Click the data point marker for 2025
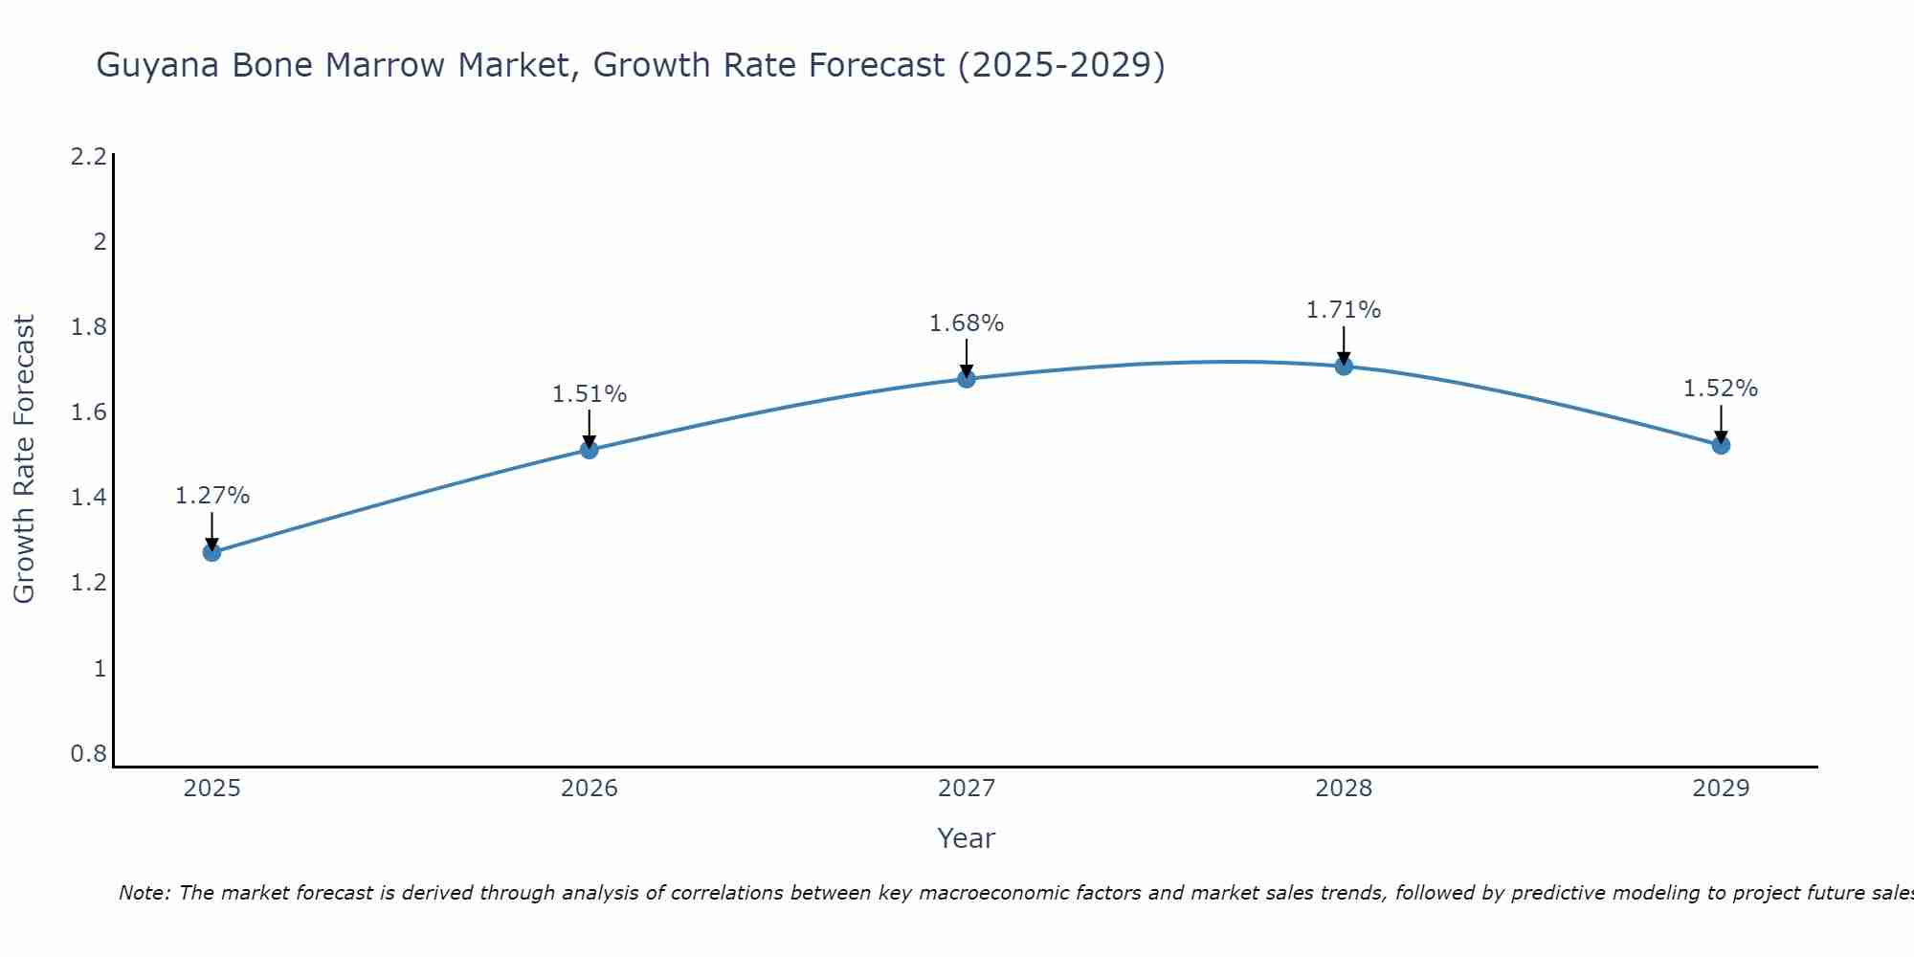pyautogui.click(x=211, y=552)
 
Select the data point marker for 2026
pyautogui.click(x=589, y=450)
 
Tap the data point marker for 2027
pyautogui.click(x=966, y=379)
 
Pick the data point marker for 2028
pyautogui.click(x=1343, y=366)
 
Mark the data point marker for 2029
pyautogui.click(x=1720, y=445)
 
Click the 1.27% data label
pyautogui.click(x=211, y=496)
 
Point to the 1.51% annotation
pyautogui.click(x=589, y=394)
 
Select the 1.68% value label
pyautogui.click(x=966, y=323)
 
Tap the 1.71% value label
pyautogui.click(x=1343, y=310)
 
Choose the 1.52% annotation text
pyautogui.click(x=1720, y=389)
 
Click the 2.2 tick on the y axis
pyautogui.click(x=88, y=157)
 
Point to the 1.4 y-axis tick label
pyautogui.click(x=88, y=498)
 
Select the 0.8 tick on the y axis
pyautogui.click(x=88, y=754)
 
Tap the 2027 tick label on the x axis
pyautogui.click(x=966, y=789)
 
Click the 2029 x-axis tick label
pyautogui.click(x=1720, y=789)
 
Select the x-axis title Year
pyautogui.click(x=966, y=838)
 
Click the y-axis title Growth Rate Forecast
pyautogui.click(x=24, y=459)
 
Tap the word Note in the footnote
pyautogui.click(x=143, y=893)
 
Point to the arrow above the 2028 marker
pyautogui.click(x=1343, y=345)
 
